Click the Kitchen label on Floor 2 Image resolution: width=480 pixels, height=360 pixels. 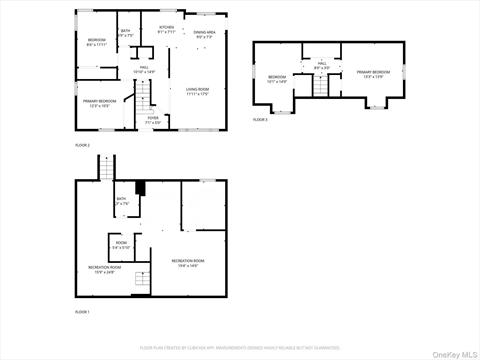click(x=166, y=30)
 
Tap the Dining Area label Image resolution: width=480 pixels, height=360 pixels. click(x=205, y=36)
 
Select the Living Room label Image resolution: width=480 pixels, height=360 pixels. click(x=197, y=92)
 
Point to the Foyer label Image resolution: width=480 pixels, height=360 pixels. click(x=153, y=120)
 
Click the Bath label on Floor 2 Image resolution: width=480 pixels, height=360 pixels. click(x=126, y=34)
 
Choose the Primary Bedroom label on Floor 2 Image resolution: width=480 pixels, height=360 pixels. click(x=100, y=103)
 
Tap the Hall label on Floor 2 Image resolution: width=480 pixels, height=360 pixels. click(x=144, y=70)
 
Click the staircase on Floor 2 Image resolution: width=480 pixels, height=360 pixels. click(x=146, y=98)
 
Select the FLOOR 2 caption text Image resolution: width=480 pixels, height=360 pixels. click(x=82, y=146)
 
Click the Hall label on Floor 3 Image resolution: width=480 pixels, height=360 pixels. click(x=322, y=66)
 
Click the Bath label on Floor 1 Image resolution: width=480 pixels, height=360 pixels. click(x=121, y=202)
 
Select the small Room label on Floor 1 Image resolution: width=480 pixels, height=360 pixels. click(x=121, y=245)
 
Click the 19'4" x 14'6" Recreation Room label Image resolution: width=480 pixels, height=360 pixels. click(x=187, y=264)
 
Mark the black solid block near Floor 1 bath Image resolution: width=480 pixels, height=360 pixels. click(x=140, y=188)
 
